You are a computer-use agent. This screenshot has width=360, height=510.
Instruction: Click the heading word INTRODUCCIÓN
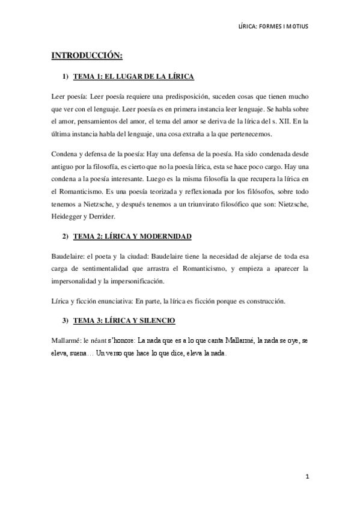point(87,56)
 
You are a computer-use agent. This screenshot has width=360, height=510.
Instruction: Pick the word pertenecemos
point(249,134)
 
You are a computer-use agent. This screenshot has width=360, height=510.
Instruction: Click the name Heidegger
point(68,217)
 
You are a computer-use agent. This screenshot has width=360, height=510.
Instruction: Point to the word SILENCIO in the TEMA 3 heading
point(154,321)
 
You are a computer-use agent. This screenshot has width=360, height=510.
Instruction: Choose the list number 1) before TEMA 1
point(66,77)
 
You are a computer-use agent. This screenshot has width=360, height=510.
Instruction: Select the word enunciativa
point(112,301)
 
